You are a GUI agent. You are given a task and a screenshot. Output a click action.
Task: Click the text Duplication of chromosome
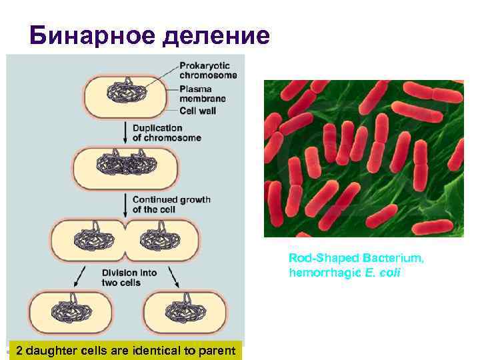coord(166,133)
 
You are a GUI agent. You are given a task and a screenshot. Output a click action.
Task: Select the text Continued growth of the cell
coord(171,204)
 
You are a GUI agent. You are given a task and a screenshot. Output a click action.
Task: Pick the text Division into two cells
coord(129,278)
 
